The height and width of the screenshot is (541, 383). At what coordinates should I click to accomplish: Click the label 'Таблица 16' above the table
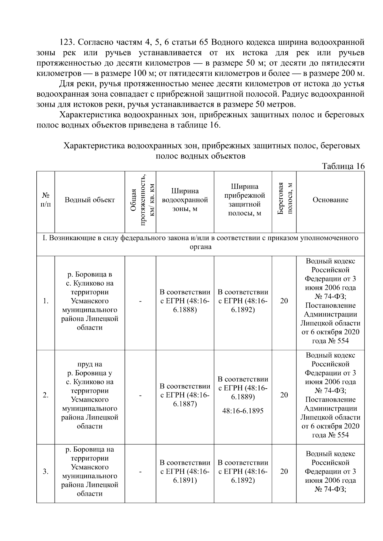pyautogui.click(x=343, y=166)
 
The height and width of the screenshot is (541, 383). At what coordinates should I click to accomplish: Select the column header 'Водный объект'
pyautogui.click(x=90, y=200)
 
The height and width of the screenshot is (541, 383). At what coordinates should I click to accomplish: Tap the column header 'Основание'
pyautogui.click(x=330, y=200)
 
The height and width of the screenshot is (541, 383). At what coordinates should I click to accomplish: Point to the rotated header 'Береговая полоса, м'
pyautogui.click(x=284, y=200)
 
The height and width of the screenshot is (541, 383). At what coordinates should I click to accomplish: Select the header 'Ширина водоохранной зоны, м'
pyautogui.click(x=185, y=200)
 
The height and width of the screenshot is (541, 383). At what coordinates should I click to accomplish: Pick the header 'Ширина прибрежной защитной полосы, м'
pyautogui.click(x=243, y=200)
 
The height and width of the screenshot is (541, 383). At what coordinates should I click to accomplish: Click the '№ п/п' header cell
pyautogui.click(x=46, y=200)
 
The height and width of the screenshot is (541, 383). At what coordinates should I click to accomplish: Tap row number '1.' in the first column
pyautogui.click(x=46, y=301)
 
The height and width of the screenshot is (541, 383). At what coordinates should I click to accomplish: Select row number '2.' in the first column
pyautogui.click(x=46, y=395)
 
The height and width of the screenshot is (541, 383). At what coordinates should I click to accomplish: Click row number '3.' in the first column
pyautogui.click(x=46, y=472)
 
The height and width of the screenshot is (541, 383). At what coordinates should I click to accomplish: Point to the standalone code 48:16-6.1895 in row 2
pyautogui.click(x=243, y=411)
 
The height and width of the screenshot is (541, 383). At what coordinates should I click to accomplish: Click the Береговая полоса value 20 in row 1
pyautogui.click(x=284, y=301)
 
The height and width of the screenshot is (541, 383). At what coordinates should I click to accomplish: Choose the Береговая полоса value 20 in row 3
pyautogui.click(x=284, y=472)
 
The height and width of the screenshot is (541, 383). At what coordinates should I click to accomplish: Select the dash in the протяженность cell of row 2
pyautogui.click(x=140, y=395)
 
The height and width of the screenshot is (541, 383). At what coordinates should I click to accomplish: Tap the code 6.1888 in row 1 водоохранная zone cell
pyautogui.click(x=185, y=310)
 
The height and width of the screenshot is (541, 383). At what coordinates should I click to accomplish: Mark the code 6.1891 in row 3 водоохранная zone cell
pyautogui.click(x=185, y=480)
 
